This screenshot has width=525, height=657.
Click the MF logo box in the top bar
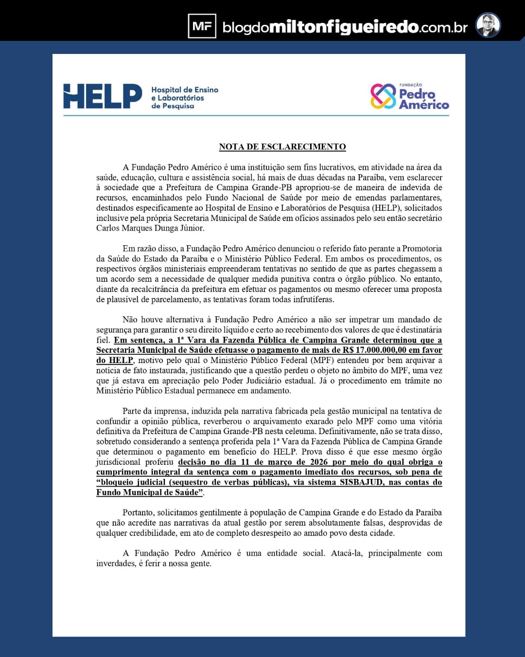coord(202,26)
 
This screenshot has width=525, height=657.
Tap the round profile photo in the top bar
coord(488,25)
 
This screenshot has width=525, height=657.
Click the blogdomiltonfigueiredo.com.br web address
coord(345,27)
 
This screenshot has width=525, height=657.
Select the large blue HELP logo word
coord(103,96)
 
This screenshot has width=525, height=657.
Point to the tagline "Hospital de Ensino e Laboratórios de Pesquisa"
coord(184,98)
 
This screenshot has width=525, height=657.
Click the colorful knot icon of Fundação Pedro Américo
coord(383,96)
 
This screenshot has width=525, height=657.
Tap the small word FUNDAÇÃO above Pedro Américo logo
coord(410,85)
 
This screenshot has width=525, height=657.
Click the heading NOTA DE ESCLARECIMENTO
coord(282,147)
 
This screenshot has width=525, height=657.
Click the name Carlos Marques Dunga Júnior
coord(150,228)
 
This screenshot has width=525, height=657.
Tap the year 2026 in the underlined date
coord(314,462)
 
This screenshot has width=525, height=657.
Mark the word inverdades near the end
coord(116,564)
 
